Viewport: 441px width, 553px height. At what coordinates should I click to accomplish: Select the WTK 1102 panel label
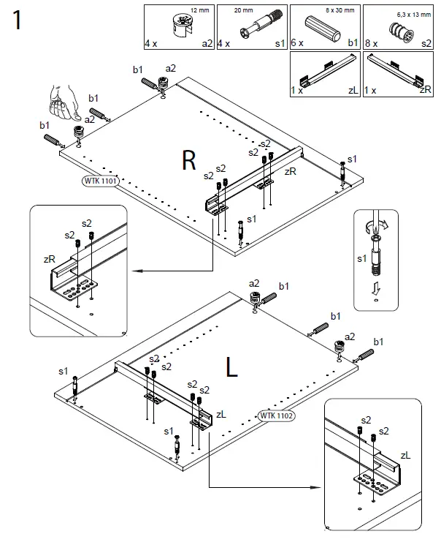275,415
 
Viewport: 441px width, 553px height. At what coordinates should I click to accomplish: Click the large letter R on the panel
189,160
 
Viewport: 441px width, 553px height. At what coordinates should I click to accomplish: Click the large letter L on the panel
232,367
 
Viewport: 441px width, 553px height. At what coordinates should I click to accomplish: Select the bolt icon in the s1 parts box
258,29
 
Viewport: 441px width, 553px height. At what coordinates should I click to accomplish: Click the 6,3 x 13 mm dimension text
413,12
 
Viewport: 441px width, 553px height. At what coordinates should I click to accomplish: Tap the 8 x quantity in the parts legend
370,44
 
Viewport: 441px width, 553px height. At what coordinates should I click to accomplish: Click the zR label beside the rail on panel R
291,171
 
